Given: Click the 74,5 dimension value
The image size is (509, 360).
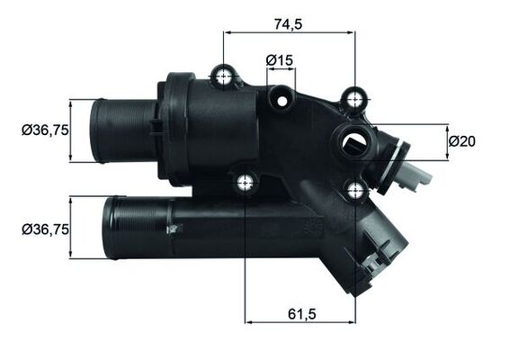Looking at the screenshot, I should [289, 24].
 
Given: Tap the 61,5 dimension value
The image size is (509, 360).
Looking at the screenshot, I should [300, 313].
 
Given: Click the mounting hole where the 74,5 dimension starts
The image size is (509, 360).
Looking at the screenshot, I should [223, 76].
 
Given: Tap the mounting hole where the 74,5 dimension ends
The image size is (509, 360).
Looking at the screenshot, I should [356, 95].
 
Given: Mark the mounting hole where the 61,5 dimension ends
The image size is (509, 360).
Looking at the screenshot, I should [356, 189].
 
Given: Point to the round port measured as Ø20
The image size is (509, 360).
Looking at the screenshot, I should [353, 140].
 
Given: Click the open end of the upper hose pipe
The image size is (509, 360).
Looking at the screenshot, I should [95, 131].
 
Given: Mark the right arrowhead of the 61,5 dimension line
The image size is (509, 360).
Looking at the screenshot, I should [352, 321].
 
